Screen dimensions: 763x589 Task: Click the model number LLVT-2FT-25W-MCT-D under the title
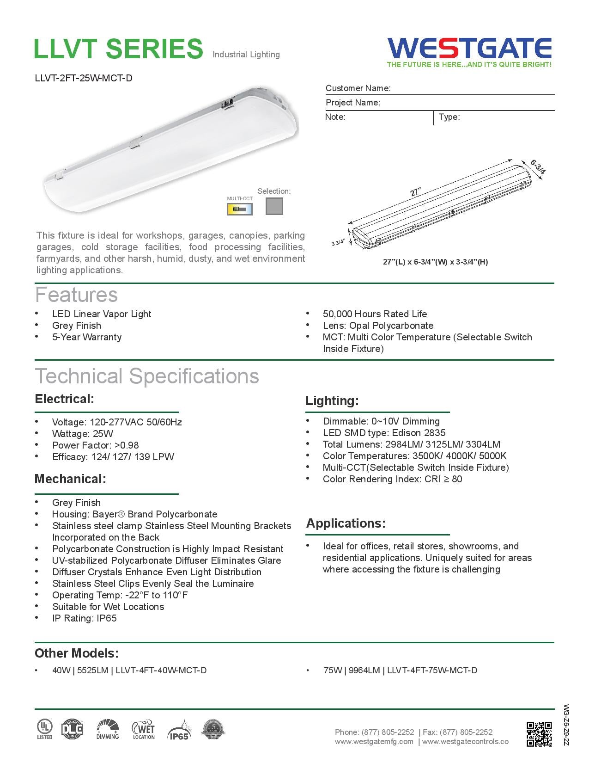tap(84, 78)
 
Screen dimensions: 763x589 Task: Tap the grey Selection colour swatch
tap(274, 206)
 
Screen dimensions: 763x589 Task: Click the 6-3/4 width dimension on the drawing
tap(538, 167)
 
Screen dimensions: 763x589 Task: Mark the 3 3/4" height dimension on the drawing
tap(338, 243)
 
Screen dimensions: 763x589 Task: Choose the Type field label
tap(449, 117)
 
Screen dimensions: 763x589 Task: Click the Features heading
tap(77, 295)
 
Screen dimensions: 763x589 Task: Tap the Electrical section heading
tap(65, 399)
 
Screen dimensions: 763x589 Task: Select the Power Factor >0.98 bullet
tap(95, 445)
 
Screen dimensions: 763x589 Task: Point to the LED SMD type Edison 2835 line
tap(384, 433)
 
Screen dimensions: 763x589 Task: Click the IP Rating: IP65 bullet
tap(84, 618)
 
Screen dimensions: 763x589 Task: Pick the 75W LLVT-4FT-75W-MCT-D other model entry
tap(400, 670)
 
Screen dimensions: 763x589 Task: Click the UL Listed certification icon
tap(45, 729)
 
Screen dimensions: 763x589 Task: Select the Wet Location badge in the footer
tap(144, 730)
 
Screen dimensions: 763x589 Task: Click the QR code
tap(539, 734)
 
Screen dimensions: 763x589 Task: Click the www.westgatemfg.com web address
tap(374, 741)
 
